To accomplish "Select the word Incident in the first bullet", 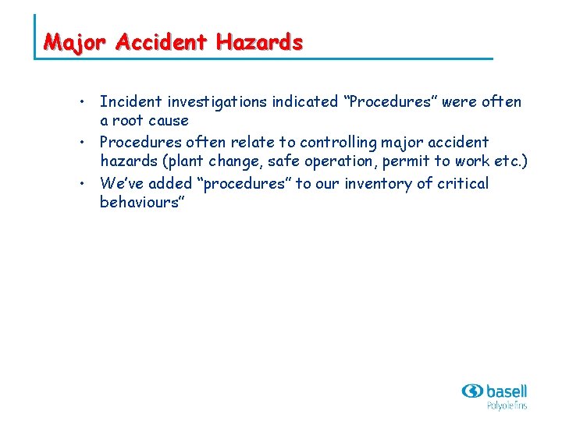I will tap(129, 101).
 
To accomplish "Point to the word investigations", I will tap(215, 101).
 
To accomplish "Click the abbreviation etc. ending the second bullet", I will tap(508, 161).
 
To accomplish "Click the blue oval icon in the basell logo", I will tap(472, 391).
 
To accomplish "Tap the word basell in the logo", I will tap(506, 390).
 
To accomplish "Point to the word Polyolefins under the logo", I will tap(507, 405).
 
